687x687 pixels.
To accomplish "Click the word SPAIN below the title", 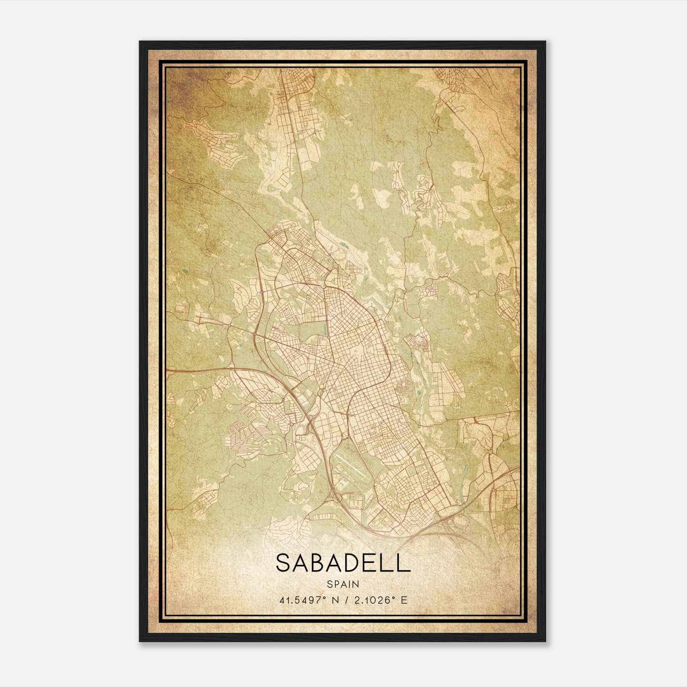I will click(x=343, y=584).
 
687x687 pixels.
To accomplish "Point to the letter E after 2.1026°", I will click(x=404, y=600).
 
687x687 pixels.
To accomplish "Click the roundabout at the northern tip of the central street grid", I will click(x=323, y=285).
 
